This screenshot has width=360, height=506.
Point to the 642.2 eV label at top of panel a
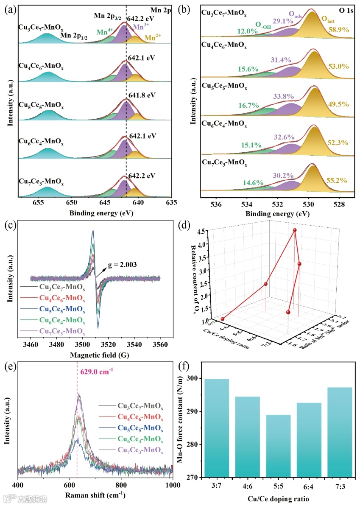pyautogui.click(x=142, y=18)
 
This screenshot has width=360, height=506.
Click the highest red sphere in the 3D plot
pyautogui.click(x=294, y=230)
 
